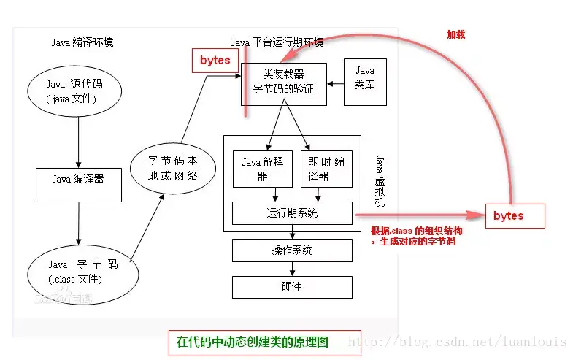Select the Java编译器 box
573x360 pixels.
[78, 178]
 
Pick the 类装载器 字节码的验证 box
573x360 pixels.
[283, 82]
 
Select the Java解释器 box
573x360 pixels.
[262, 169]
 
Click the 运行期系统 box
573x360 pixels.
[292, 213]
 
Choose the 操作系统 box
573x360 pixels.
[292, 250]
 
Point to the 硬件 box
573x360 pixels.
[292, 286]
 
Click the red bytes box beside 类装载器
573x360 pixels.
[215, 61]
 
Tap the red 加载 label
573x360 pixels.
[456, 34]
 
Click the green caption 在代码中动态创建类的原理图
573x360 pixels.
[253, 341]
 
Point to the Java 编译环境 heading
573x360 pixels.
[82, 42]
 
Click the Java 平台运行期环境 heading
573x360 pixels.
[277, 42]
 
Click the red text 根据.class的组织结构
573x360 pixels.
[416, 230]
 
